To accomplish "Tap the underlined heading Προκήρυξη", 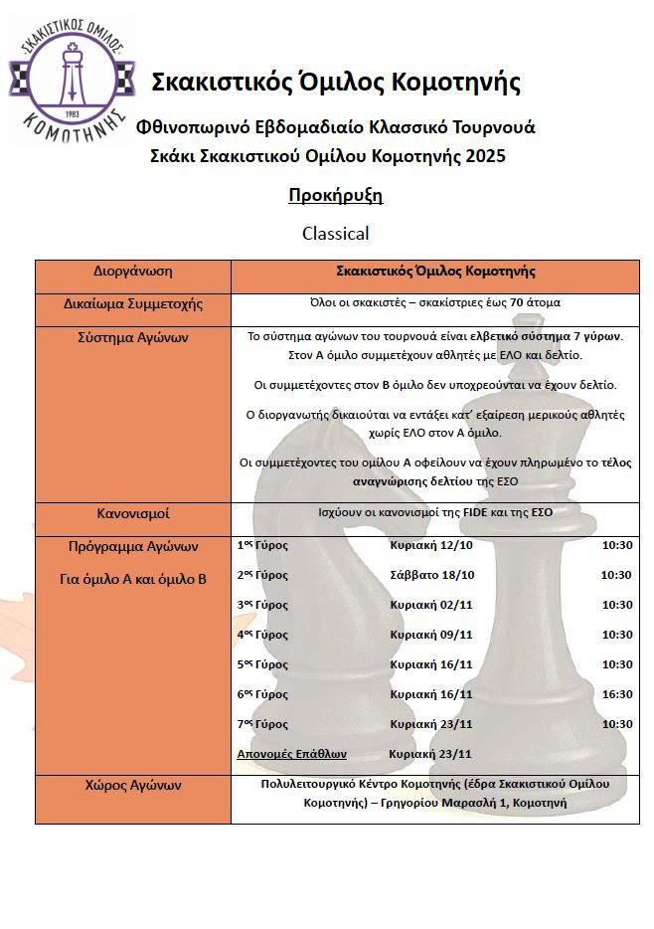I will (x=335, y=195).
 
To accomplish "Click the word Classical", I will (x=335, y=234).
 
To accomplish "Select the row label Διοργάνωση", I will (x=133, y=271).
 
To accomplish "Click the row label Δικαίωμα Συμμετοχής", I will (x=133, y=303).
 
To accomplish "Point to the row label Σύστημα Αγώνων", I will (x=133, y=337).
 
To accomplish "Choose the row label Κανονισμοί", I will (x=133, y=513).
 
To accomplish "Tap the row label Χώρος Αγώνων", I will (x=133, y=785).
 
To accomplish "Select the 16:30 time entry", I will (x=616, y=694).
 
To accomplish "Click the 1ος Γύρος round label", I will (x=262, y=545).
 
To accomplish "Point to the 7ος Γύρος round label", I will (x=262, y=724).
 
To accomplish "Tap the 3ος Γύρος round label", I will (x=262, y=605).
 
